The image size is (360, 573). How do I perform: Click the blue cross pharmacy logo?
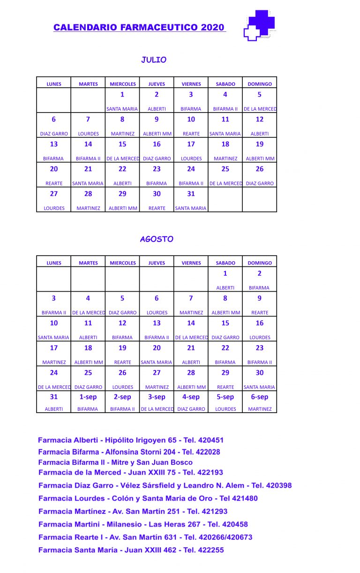click(260, 25)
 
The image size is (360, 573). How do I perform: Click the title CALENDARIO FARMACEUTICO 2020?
click(139, 28)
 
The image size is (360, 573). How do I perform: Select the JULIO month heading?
click(154, 60)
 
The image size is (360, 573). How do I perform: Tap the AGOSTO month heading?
click(157, 239)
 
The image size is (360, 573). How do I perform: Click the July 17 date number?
click(191, 144)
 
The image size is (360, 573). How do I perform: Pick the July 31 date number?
click(191, 194)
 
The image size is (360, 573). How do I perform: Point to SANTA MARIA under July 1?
click(122, 109)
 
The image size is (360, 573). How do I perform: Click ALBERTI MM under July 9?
click(157, 134)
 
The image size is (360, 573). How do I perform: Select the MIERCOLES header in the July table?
click(123, 84)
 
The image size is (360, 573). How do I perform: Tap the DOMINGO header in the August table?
click(260, 263)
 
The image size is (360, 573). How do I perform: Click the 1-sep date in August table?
click(88, 397)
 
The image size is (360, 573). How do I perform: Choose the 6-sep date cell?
click(260, 397)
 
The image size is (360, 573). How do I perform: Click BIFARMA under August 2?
click(259, 288)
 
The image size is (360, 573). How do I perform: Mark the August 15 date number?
click(225, 323)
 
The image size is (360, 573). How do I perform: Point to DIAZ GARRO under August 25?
click(88, 387)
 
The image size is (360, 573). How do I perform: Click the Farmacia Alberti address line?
click(131, 440)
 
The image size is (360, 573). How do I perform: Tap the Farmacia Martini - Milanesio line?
click(143, 524)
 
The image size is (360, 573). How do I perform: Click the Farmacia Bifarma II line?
click(115, 462)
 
